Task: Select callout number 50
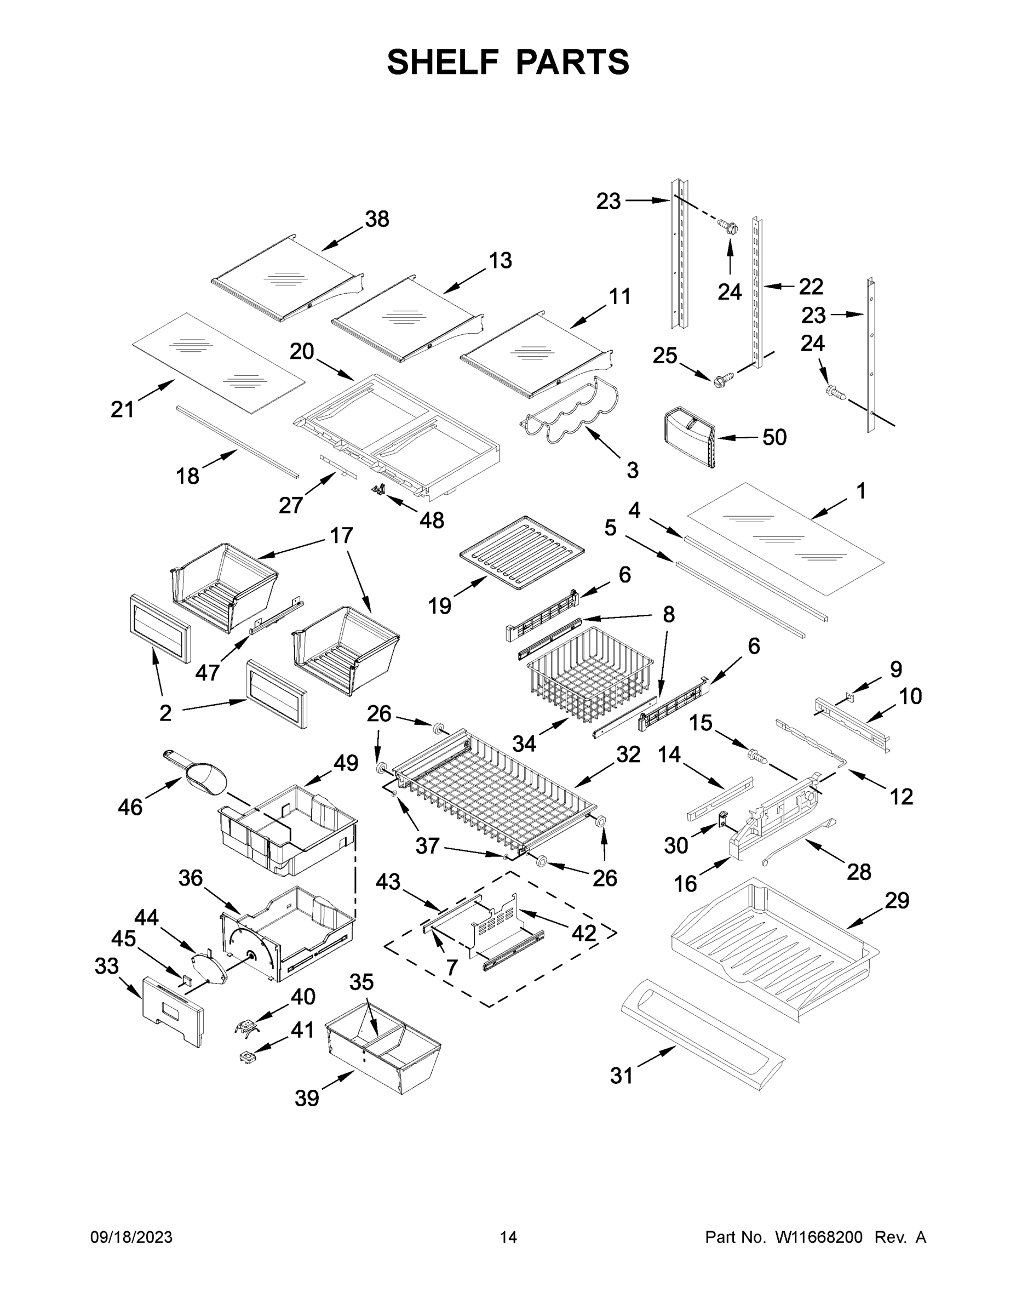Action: (774, 437)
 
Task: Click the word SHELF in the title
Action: (443, 62)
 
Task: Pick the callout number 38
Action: (377, 219)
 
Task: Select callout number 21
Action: (122, 409)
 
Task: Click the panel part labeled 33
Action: (173, 1010)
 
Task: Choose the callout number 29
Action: (896, 901)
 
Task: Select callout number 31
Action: (621, 1076)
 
